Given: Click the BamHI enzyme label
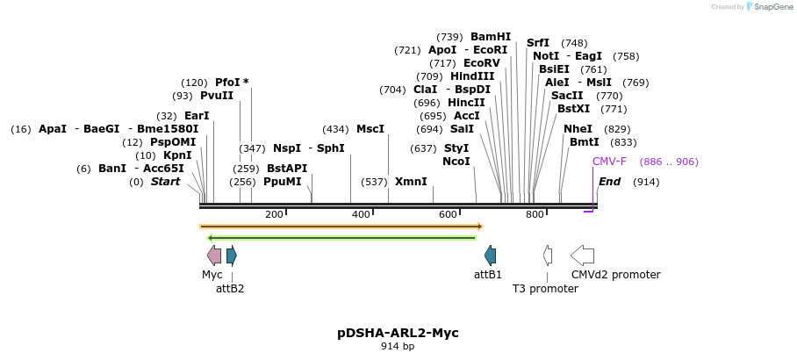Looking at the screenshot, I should coord(490,37).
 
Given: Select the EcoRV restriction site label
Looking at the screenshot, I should coord(481,63).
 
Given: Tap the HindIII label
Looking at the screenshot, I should coord(472,76).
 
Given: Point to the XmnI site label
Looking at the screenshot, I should coord(411,182).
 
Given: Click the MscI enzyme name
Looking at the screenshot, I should coord(370,129).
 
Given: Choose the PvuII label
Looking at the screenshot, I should coord(217,96).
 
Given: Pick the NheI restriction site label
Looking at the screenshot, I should coord(578,129).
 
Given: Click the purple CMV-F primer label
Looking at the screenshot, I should coord(609,162).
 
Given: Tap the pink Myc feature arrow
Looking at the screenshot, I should coord(214,256).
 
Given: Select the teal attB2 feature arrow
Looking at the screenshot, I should coord(232,256).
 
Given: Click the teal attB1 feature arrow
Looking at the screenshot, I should coord(490,256).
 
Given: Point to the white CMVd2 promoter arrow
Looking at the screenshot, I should coord(582,256).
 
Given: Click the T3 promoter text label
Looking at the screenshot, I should coord(545,288).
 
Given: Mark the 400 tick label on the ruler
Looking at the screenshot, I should coord(361,215).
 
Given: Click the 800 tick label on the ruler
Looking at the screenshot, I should coord(535,215).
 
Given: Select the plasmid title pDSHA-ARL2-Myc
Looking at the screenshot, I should coord(398,333).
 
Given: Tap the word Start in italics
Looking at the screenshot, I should coord(165,182).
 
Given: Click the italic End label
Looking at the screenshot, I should coord(609,182).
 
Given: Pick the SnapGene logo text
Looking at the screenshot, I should coord(770,7).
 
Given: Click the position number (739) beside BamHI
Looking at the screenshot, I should coord(449,37).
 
